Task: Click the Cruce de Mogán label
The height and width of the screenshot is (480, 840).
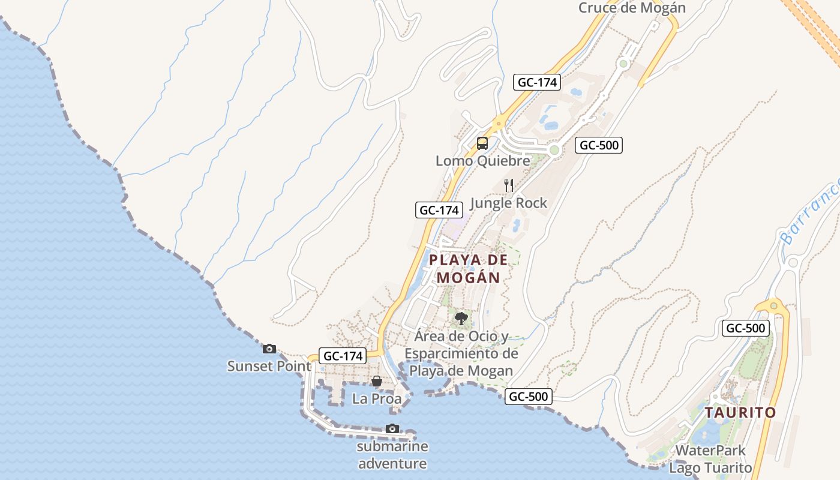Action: pos(632,8)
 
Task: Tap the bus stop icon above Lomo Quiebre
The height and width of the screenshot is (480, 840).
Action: pos(482,143)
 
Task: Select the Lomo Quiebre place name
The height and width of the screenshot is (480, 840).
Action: pos(483,161)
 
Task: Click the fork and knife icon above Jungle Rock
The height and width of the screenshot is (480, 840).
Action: pos(509,185)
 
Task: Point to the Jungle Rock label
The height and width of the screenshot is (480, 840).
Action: pos(509,203)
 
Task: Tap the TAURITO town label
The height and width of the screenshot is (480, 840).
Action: pos(740,413)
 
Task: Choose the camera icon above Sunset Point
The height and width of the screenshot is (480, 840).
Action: pos(269,349)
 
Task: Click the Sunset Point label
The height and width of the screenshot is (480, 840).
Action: pos(269,366)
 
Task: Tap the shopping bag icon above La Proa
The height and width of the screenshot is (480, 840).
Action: pos(376,381)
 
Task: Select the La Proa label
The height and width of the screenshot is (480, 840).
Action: pos(377,398)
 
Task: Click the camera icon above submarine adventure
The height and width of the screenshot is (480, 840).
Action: pos(392,428)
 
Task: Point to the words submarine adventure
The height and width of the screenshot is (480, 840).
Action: pos(392,455)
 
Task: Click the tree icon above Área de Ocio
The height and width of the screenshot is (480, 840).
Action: pos(461,318)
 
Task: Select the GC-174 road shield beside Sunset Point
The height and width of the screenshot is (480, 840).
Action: pos(343,356)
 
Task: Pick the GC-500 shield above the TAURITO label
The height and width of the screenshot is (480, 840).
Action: pos(746,328)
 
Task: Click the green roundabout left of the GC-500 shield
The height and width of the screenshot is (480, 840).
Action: pos(554,149)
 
